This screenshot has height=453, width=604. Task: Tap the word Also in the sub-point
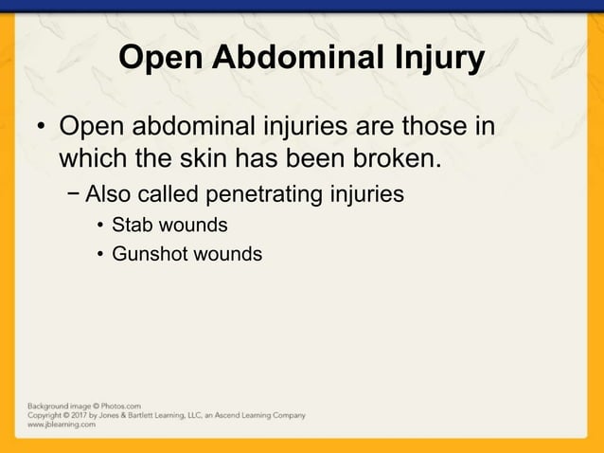click(x=108, y=195)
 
